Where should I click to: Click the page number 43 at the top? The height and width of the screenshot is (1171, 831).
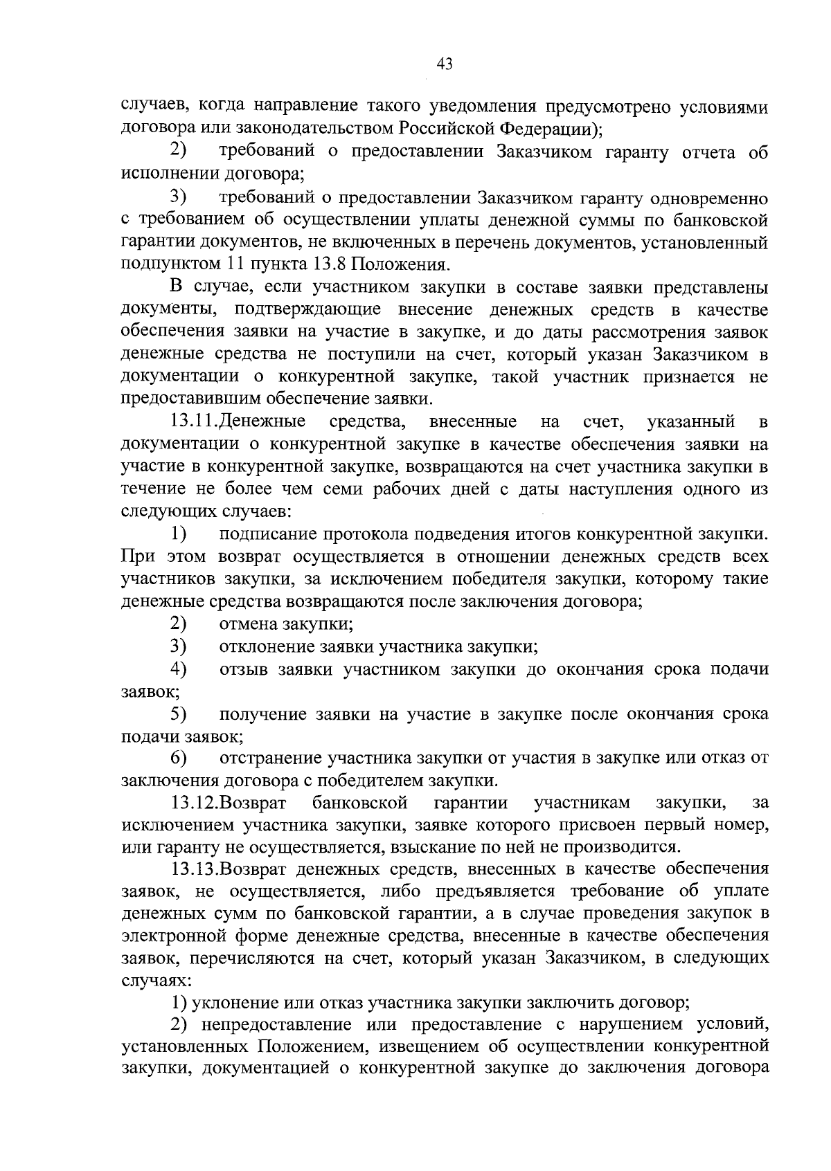click(445, 64)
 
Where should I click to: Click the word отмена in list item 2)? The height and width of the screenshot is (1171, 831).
click(249, 624)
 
